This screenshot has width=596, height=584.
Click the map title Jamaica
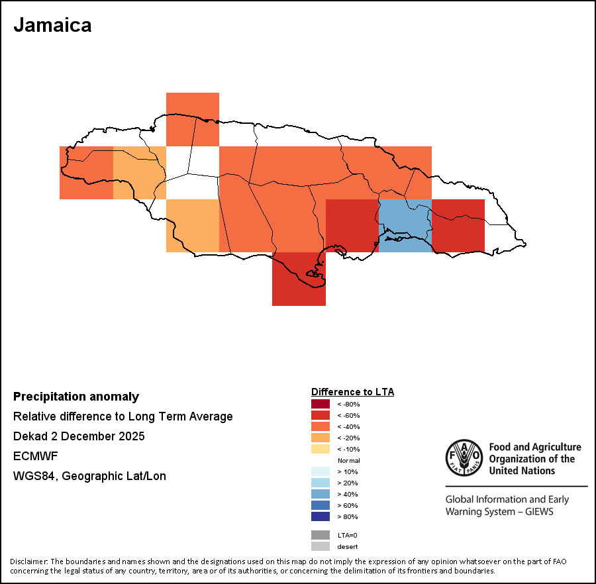click(x=52, y=25)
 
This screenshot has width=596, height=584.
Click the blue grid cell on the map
click(x=405, y=225)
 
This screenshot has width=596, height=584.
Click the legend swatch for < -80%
click(x=321, y=404)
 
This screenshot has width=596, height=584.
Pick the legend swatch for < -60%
click(x=321, y=415)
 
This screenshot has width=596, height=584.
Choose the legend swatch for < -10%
click(x=321, y=449)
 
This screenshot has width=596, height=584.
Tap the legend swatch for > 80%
click(x=321, y=516)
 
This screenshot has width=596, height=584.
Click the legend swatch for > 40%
click(x=321, y=494)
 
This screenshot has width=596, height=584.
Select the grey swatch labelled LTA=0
click(x=321, y=535)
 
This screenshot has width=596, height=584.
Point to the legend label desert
click(x=348, y=547)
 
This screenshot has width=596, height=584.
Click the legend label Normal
click(x=348, y=460)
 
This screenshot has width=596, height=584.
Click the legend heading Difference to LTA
click(x=352, y=392)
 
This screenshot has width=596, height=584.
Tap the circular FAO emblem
click(x=464, y=458)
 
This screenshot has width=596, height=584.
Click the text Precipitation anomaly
click(x=76, y=397)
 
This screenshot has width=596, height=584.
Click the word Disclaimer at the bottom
click(x=28, y=561)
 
